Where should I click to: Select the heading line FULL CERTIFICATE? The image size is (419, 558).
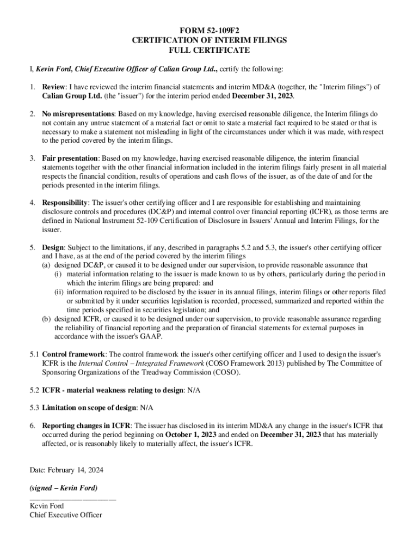[x=209, y=50]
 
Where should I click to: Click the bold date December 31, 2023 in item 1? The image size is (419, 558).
[x=263, y=95]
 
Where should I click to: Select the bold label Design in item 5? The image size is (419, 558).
[x=53, y=247]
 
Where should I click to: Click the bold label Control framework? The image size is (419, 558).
[x=73, y=353]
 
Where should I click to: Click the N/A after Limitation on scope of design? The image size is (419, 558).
[x=146, y=408]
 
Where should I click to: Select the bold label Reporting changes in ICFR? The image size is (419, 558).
[x=86, y=425]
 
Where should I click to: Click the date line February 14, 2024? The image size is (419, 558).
[x=66, y=470]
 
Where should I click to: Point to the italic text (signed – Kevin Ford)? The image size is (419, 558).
[x=63, y=488]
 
